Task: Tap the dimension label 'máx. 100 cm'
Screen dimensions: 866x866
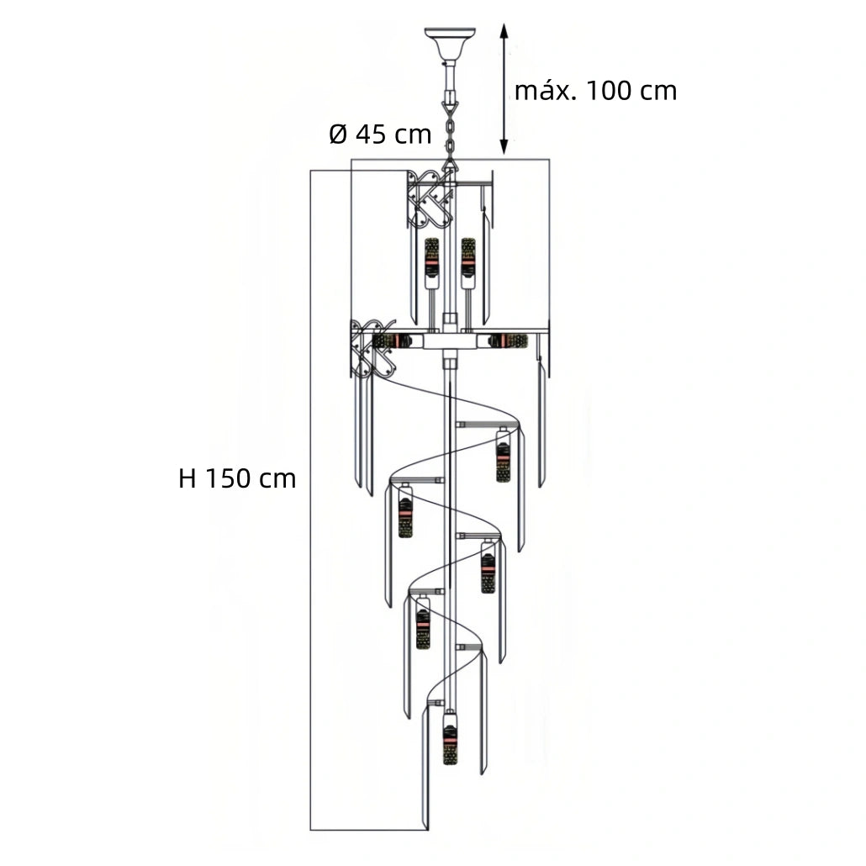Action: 595,91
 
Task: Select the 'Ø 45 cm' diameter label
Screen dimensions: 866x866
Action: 380,135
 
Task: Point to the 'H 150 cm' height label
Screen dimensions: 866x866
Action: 237,478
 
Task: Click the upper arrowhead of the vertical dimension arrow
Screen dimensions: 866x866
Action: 504,30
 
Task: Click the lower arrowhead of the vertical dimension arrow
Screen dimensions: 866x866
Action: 504,147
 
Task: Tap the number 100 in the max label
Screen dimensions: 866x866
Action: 608,91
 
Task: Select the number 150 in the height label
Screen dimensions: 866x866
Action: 228,478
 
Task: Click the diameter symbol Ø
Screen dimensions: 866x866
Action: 339,135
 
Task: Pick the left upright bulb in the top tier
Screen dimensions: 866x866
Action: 431,263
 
